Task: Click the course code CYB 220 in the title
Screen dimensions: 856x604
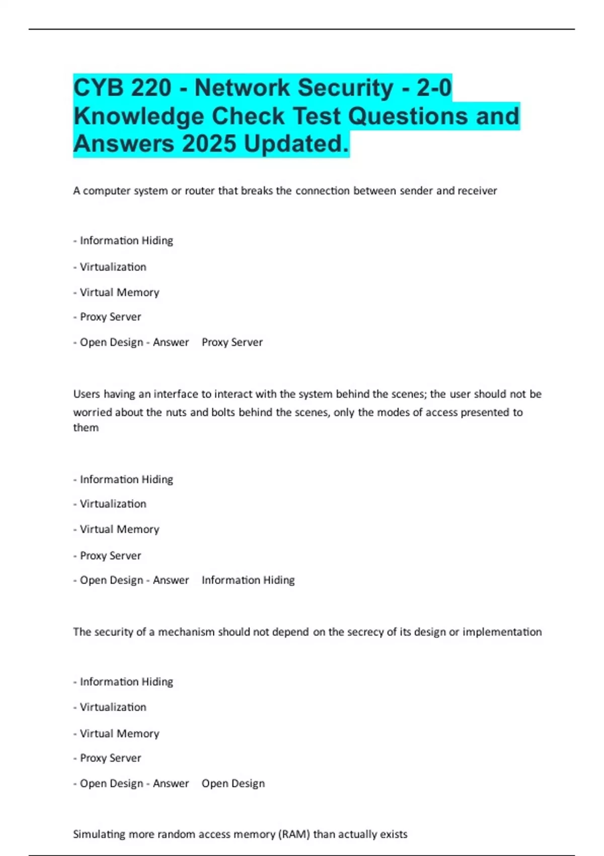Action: [x=122, y=88]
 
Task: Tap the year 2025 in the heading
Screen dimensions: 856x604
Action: [x=209, y=144]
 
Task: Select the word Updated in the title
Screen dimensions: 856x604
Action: [x=296, y=144]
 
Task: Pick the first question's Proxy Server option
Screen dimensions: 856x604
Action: [x=110, y=317]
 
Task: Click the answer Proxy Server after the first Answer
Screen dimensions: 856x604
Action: [x=232, y=342]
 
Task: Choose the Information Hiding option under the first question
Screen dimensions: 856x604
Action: [x=126, y=241]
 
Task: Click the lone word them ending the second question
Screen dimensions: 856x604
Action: [x=86, y=427]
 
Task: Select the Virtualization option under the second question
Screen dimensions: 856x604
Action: [x=113, y=504]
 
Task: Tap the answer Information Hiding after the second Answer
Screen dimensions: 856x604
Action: [x=248, y=580]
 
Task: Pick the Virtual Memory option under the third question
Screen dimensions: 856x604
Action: [x=119, y=734]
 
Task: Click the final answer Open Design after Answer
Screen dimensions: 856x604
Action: [x=233, y=783]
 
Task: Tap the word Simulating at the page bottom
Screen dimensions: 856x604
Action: [x=99, y=834]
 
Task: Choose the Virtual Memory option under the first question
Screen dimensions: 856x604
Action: [x=119, y=293]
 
